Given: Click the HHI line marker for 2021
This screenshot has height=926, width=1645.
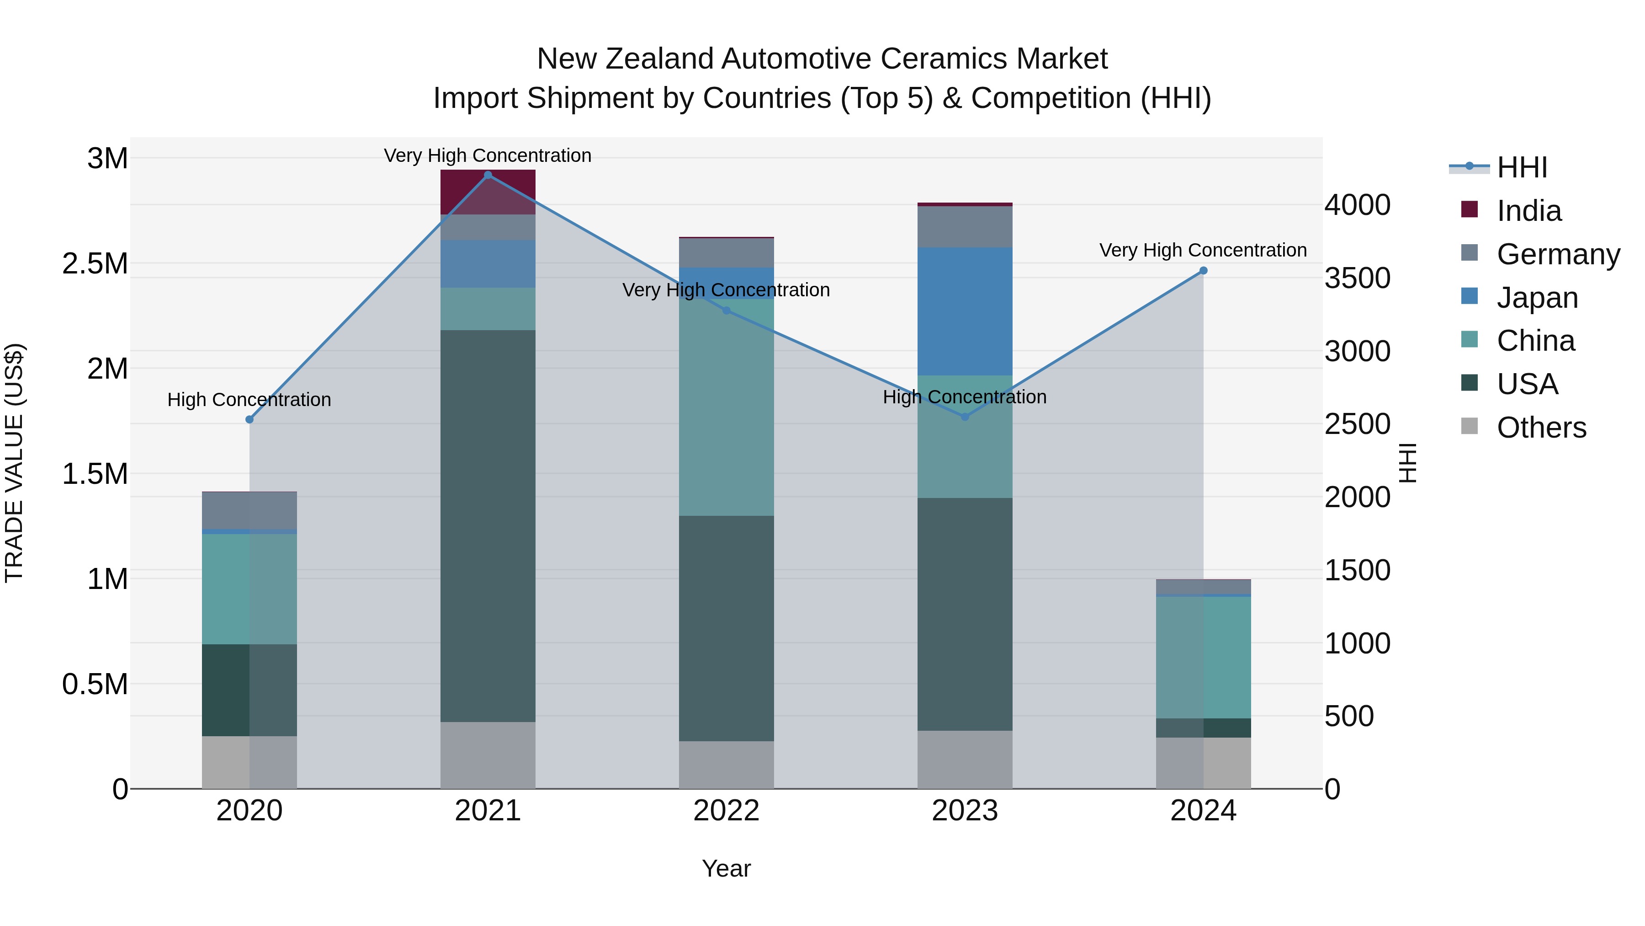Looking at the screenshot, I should (x=488, y=175).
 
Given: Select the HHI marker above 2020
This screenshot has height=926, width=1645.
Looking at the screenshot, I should (x=249, y=420).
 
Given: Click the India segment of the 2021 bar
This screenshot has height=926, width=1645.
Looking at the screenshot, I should (x=488, y=192).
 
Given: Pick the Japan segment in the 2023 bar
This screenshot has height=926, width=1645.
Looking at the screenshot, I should (x=964, y=311).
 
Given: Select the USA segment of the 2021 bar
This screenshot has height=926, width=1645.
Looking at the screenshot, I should (x=488, y=525).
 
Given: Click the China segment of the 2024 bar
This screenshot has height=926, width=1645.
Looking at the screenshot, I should (x=1203, y=657).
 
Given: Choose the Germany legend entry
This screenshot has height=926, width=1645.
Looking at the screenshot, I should (x=1558, y=254).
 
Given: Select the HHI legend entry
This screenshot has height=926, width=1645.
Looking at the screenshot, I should (x=1522, y=167).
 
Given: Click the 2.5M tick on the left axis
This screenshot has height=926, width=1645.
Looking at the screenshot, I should (x=95, y=264).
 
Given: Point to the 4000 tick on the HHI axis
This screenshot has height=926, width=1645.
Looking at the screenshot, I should (x=1357, y=205).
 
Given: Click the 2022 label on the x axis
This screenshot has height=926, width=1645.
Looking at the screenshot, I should (x=726, y=811).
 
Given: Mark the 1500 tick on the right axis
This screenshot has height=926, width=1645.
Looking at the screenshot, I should (x=1357, y=570).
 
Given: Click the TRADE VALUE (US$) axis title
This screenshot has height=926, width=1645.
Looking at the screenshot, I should (x=15, y=463).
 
